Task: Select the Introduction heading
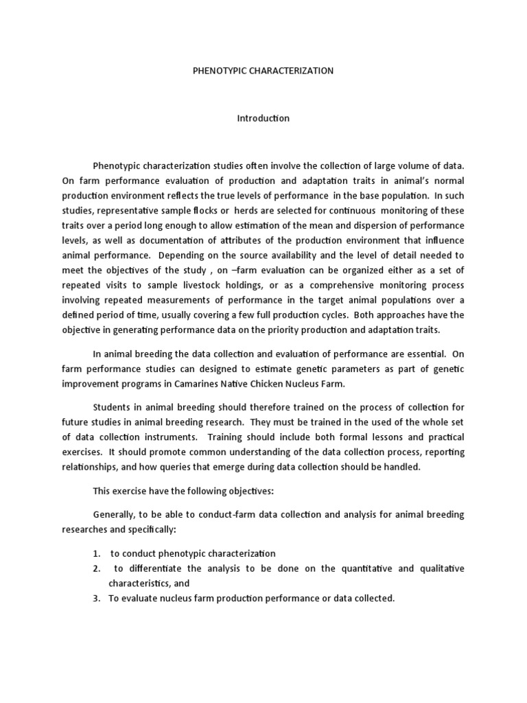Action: point(263,118)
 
